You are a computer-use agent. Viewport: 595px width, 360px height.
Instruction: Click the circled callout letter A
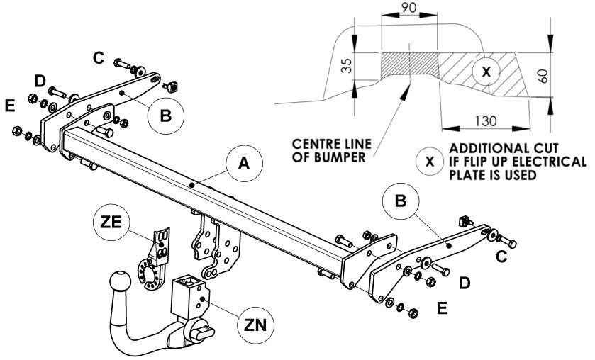coord(244,164)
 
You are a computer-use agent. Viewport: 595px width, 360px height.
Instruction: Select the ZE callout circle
coord(111,223)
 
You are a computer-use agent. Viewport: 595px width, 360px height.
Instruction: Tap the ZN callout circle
coord(255,325)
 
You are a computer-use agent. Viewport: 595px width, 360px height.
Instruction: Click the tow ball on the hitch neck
coord(121,282)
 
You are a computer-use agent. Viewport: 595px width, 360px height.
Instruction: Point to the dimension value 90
coord(408,8)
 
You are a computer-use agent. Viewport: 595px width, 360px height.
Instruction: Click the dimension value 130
coord(486,121)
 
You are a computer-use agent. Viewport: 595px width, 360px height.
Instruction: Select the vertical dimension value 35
coord(347,66)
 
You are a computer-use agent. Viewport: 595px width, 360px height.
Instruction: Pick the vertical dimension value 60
coord(543,76)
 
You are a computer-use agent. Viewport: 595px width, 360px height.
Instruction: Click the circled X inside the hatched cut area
coord(486,72)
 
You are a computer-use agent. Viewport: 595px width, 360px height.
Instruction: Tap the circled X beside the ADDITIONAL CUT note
coord(430,162)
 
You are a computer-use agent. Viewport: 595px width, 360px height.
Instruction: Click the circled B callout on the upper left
coord(166,116)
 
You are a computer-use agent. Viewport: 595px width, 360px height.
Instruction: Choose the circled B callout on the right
coord(401,201)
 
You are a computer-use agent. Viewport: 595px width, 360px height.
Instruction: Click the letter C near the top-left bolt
coord(99,58)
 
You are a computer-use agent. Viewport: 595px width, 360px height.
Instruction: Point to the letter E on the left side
coord(10,106)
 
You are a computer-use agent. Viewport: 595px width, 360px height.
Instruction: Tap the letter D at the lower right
coord(465,283)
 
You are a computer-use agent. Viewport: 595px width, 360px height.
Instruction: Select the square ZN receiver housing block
coord(189,298)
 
